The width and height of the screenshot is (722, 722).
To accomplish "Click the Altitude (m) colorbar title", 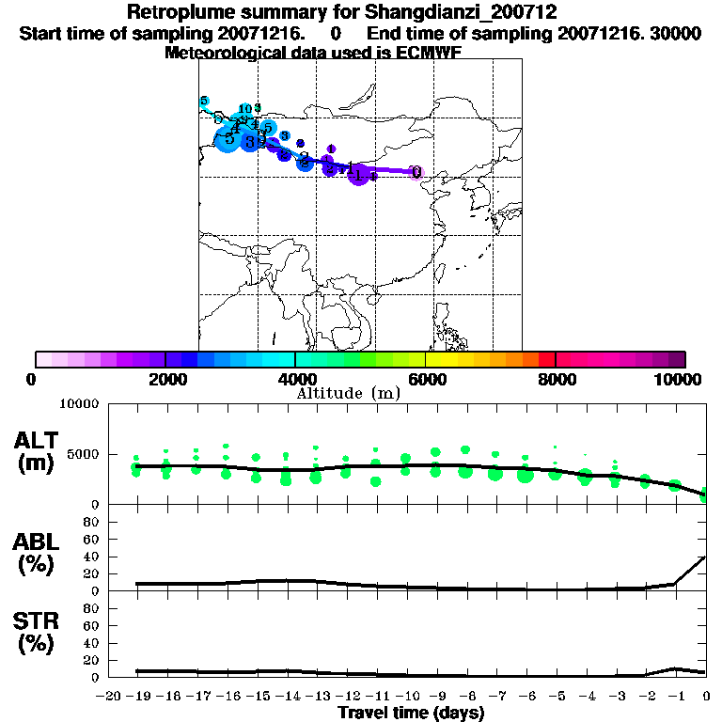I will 348,393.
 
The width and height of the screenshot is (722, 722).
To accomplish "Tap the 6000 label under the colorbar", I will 426,379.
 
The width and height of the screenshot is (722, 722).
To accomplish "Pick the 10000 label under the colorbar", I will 679,379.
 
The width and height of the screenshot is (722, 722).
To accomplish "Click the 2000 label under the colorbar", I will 165,379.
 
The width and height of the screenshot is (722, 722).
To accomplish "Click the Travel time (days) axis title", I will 411,714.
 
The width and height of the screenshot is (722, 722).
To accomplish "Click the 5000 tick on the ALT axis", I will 84,453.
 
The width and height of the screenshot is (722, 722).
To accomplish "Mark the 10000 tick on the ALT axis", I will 80,404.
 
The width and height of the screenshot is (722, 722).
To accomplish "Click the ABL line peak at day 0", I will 705,557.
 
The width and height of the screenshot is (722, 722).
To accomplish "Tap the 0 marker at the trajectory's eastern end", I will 416,172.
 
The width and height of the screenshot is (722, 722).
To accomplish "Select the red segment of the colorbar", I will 546,359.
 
